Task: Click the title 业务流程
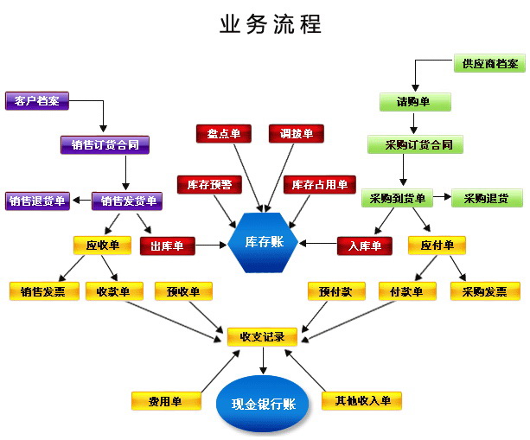[271, 23]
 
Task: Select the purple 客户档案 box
[38, 100]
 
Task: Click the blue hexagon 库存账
[264, 242]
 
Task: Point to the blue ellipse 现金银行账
[264, 404]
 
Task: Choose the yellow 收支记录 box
[256, 336]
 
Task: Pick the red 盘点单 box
[224, 133]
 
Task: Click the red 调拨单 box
[297, 133]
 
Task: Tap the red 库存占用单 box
[319, 184]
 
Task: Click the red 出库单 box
[168, 246]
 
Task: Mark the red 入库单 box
[365, 246]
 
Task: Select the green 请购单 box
[415, 101]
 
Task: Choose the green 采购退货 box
[487, 199]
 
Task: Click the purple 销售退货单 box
[37, 201]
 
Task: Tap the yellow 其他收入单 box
[361, 401]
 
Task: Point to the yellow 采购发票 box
[485, 291]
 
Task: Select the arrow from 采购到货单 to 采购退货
[441, 199]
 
